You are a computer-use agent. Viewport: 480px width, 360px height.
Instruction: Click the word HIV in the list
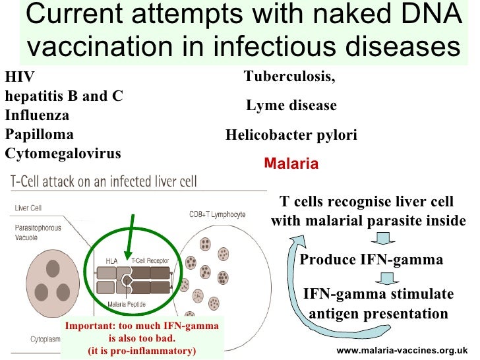18,76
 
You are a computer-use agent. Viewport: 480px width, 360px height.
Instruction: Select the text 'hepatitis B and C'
64,96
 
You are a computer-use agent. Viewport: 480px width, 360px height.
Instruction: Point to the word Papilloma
40,134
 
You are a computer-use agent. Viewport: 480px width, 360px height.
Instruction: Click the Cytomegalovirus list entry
63,154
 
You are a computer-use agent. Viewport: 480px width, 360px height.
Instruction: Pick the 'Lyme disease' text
291,105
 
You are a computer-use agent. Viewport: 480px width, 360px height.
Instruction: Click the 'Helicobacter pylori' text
291,135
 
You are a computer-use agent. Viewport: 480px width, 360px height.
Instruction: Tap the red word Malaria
291,164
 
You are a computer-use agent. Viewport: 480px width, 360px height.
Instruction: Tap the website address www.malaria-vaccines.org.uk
402,351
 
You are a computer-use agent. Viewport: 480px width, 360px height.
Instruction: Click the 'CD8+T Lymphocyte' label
217,215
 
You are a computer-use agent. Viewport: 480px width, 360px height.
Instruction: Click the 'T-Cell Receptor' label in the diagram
150,261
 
